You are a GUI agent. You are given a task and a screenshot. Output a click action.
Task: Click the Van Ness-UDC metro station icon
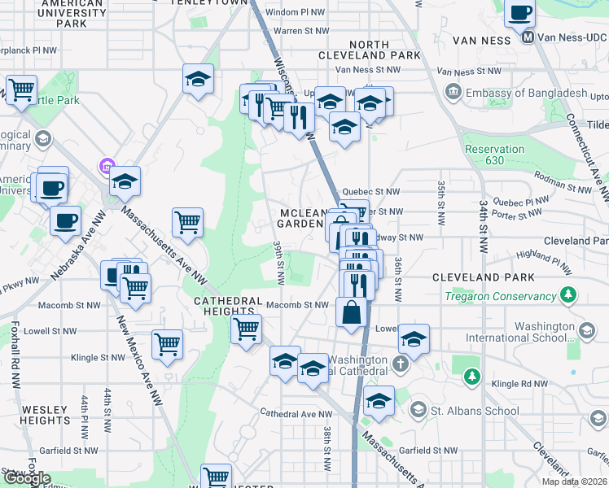coord(528,37)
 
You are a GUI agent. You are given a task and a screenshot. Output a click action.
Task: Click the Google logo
coord(27,478)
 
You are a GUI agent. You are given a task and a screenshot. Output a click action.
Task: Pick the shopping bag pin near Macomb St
coord(351,313)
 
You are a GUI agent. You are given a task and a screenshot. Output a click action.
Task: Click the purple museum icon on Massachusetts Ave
coord(104,168)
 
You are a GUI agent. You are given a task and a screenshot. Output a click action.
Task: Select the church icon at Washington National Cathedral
coord(400,364)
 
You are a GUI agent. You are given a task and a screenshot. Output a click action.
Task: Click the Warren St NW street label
coord(299,31)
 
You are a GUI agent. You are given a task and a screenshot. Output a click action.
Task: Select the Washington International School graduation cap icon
coord(585,329)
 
